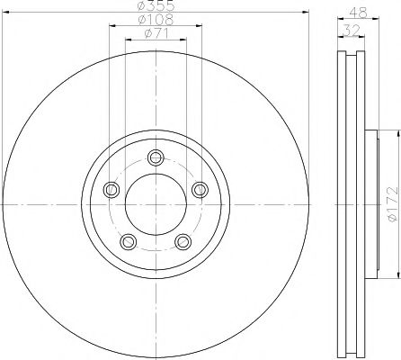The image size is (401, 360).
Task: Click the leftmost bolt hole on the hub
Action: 111,189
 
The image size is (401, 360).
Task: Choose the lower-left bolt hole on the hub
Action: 127,240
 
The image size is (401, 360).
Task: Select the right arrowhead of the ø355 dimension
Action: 306,12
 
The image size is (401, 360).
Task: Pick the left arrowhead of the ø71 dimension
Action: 126,40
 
